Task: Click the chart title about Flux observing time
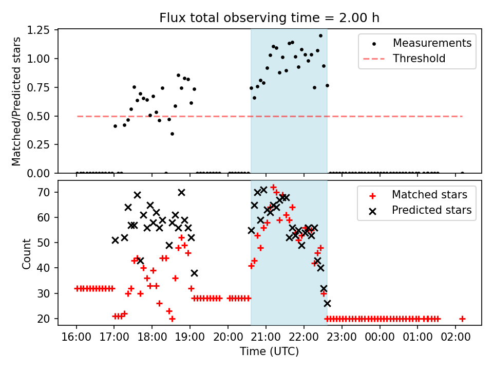tap(270, 18)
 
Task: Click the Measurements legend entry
tap(432, 43)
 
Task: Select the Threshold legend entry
tap(419, 59)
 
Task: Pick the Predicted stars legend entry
tap(431, 210)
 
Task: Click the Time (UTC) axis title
tap(269, 352)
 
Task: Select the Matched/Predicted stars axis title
tap(16, 101)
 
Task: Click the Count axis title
tap(27, 253)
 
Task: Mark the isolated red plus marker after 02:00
tap(462, 319)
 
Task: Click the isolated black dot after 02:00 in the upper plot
tap(462, 173)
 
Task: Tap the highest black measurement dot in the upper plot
tap(320, 36)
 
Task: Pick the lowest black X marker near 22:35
tap(327, 303)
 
